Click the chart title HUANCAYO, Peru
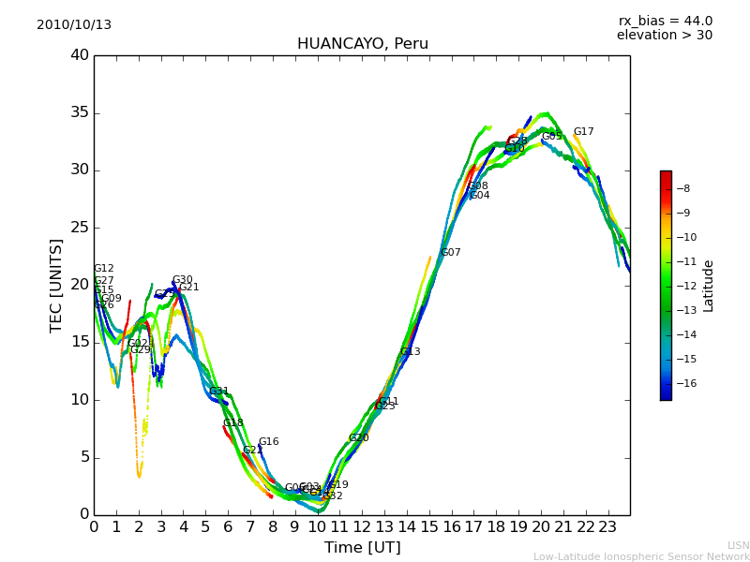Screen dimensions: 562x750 click(x=362, y=44)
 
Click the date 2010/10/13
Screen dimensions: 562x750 click(x=74, y=25)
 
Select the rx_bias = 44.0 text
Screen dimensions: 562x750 click(x=665, y=22)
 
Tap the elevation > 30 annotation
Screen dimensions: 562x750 click(x=664, y=36)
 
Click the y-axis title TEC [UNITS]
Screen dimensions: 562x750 click(x=56, y=285)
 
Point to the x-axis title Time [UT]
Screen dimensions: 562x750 click(x=362, y=548)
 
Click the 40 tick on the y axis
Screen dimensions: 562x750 click(x=80, y=55)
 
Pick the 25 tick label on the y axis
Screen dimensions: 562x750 click(x=80, y=228)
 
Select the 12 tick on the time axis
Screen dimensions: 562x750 click(x=362, y=527)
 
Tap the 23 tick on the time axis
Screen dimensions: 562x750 click(x=607, y=527)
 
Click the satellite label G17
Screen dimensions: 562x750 click(x=583, y=132)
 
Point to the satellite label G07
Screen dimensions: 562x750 click(x=450, y=253)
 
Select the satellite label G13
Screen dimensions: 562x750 click(x=410, y=352)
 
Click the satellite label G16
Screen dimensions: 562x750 click(x=268, y=442)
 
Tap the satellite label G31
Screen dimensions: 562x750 click(x=218, y=392)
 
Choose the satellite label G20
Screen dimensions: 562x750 click(x=358, y=438)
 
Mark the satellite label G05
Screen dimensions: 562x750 click(x=551, y=137)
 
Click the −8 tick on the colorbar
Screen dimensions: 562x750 click(x=682, y=188)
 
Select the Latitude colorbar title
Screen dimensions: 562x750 click(x=709, y=286)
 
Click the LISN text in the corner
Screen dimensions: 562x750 click(x=738, y=545)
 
